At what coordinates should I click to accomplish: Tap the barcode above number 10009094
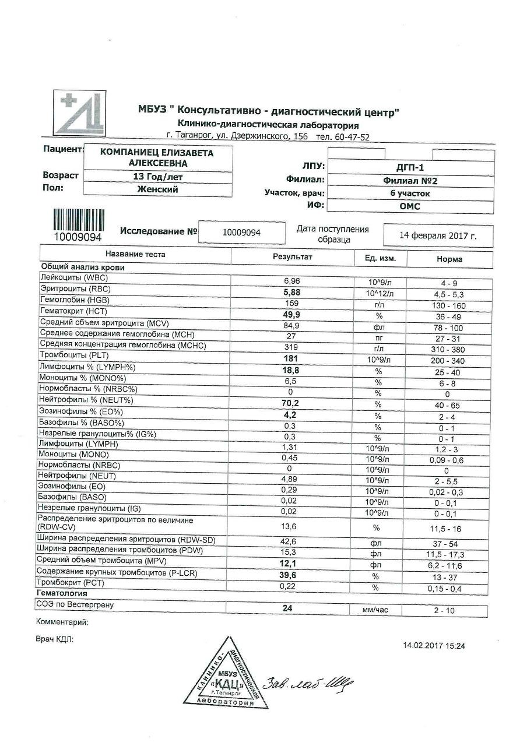pyautogui.click(x=78, y=220)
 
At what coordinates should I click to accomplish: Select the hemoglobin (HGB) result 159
pyautogui.click(x=291, y=304)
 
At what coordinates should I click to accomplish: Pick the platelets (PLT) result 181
pyautogui.click(x=291, y=358)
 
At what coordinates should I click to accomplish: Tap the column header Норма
pyautogui.click(x=449, y=259)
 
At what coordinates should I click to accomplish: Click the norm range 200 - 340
pyautogui.click(x=446, y=361)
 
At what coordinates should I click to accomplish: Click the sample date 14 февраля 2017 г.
pyautogui.click(x=438, y=235)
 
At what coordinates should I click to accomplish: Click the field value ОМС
pyautogui.click(x=410, y=206)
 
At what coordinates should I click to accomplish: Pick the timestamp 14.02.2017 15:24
pyautogui.click(x=434, y=645)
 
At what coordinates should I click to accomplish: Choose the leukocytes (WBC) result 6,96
pyautogui.click(x=291, y=281)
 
